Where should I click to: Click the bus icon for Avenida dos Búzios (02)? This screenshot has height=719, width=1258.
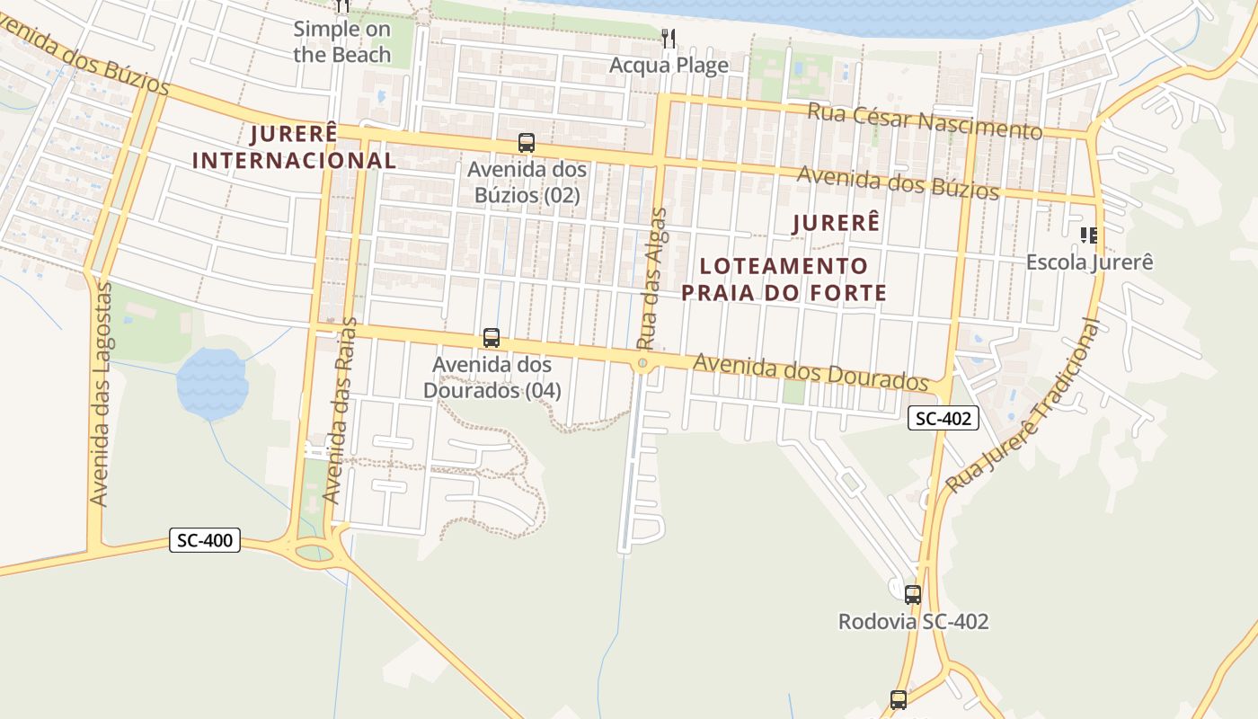point(527,143)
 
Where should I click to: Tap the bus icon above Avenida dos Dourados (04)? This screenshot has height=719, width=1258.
point(492,339)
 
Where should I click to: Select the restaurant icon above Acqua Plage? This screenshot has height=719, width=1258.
point(669,38)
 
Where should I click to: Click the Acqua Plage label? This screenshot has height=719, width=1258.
point(669,66)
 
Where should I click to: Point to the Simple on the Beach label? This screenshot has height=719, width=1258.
point(342,41)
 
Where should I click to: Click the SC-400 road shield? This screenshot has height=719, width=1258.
point(205,540)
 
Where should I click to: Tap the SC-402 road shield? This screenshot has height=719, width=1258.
point(943,418)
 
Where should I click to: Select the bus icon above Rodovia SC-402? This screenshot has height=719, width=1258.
point(913,594)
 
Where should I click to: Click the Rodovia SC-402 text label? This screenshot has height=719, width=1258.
point(913,622)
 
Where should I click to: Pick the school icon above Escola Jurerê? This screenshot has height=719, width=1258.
point(1089,235)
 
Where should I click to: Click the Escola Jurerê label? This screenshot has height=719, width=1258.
point(1089,262)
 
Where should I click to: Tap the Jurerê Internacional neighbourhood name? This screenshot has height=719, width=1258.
point(295,147)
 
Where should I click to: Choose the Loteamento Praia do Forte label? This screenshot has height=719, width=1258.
point(784,280)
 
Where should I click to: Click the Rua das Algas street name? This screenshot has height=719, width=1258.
point(653,279)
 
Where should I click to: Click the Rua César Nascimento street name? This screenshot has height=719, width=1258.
point(925,122)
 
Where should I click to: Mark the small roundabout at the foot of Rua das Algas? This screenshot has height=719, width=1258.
point(642,364)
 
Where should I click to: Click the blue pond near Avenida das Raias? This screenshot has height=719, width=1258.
point(212,384)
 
